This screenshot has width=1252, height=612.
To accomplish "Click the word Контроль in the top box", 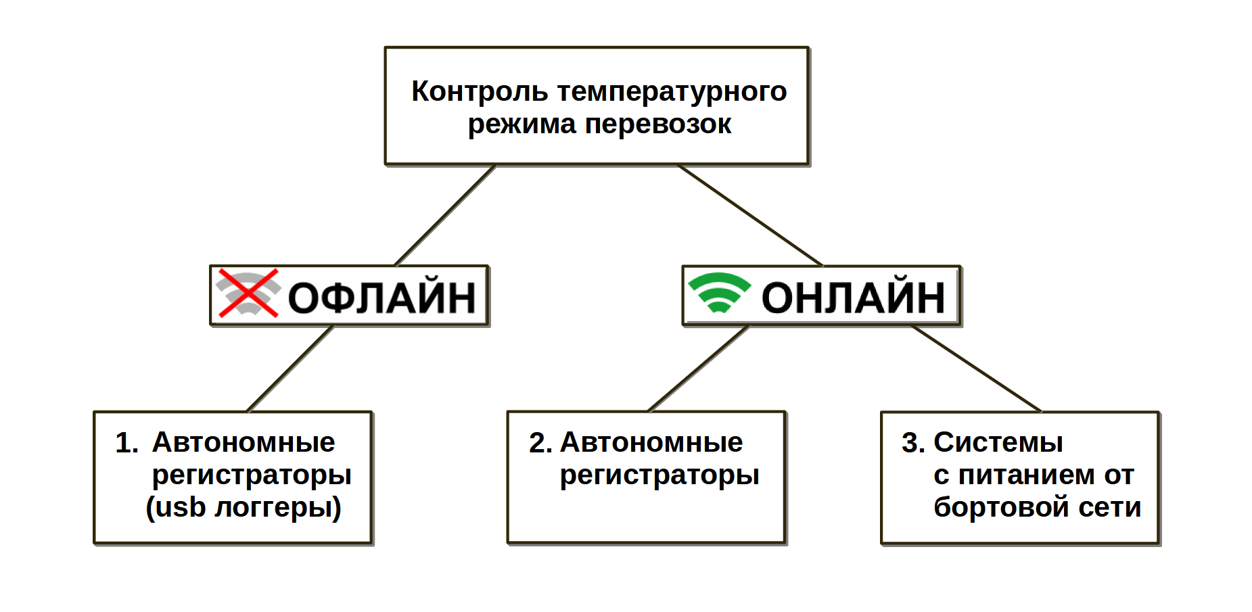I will (x=479, y=91).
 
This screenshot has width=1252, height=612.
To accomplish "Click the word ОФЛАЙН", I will (x=381, y=298).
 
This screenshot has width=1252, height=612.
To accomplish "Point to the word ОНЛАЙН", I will (x=853, y=298).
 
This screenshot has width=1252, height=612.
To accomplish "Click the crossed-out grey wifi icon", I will (x=248, y=293).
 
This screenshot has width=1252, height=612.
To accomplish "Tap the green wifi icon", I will (x=719, y=292).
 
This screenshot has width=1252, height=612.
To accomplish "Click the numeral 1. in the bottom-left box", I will (x=126, y=443).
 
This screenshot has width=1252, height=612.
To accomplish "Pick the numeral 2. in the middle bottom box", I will (x=540, y=443).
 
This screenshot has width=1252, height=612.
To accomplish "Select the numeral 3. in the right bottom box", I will (x=913, y=443).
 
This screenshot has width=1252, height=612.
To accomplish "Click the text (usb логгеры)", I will (x=244, y=507).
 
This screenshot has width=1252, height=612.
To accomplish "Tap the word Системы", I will (x=998, y=443).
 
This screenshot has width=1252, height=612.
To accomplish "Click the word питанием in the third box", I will (x=1027, y=475).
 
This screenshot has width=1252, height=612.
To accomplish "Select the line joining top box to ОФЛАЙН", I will (x=445, y=216).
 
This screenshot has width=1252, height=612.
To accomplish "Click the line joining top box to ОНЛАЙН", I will (x=750, y=216).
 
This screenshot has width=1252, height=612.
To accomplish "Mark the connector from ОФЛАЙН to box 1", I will (x=290, y=369).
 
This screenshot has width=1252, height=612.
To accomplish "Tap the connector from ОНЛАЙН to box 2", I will (x=699, y=369).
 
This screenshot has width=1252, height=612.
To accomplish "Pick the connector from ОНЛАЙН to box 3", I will (x=976, y=369).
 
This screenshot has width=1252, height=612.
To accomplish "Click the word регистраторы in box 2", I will (x=659, y=475).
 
